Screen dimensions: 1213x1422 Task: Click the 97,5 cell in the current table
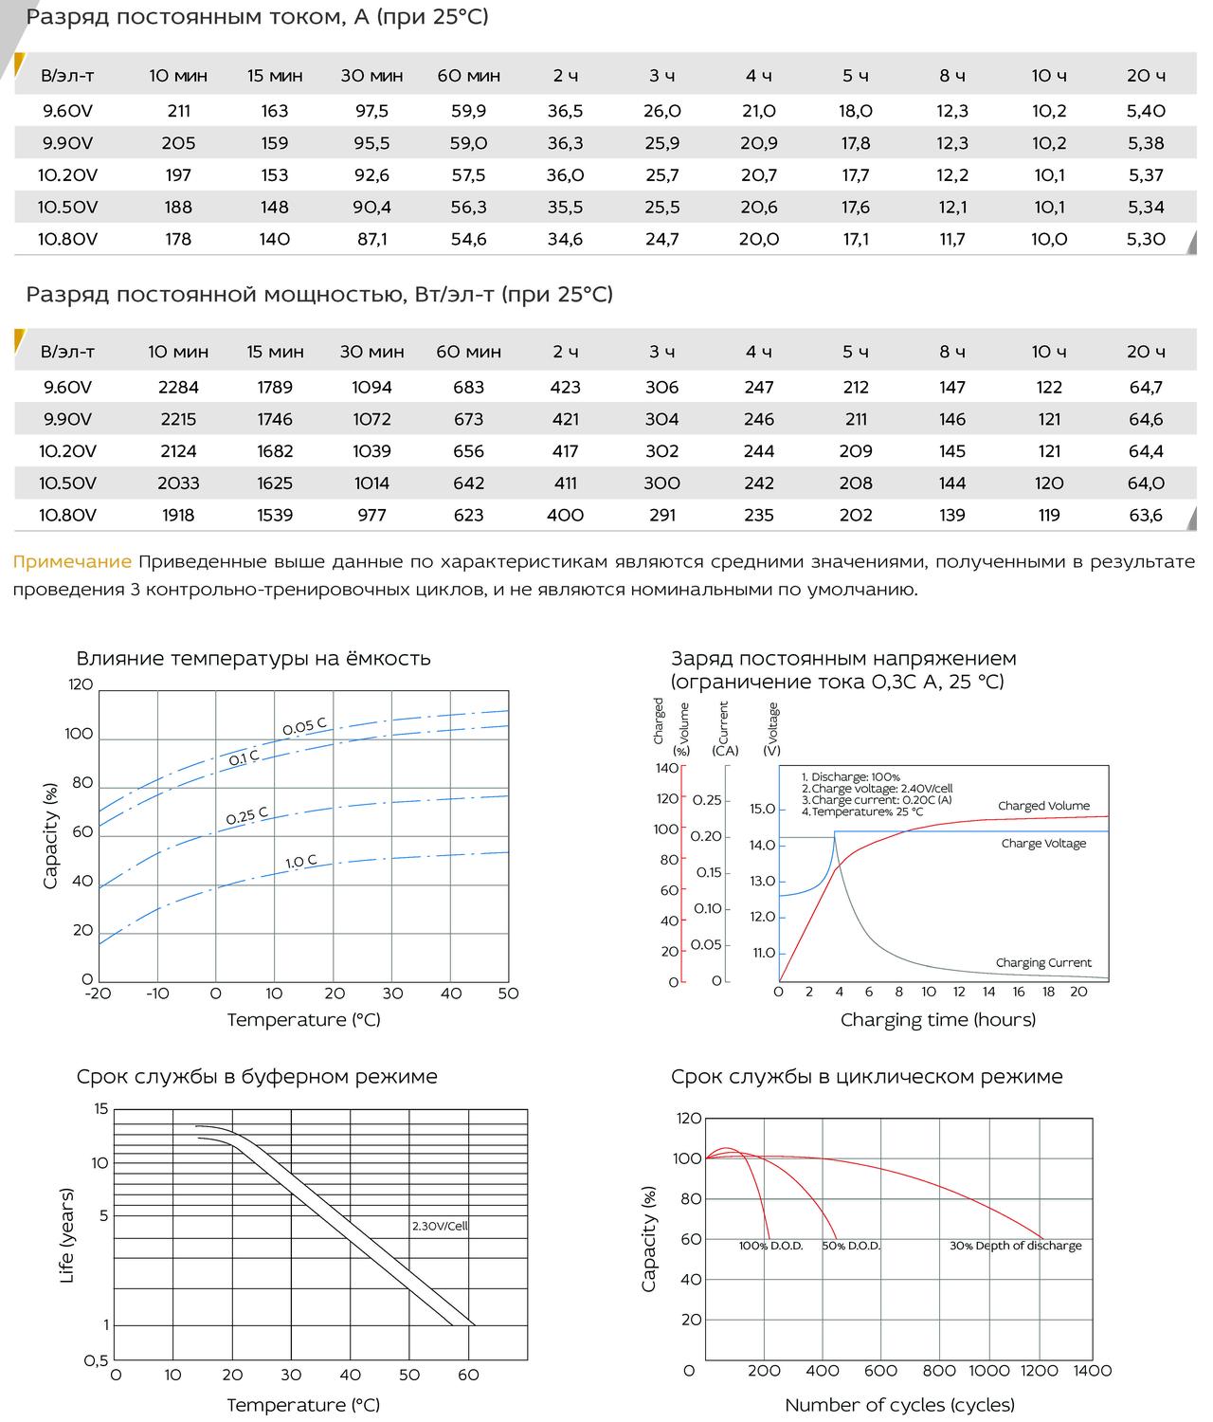click(371, 111)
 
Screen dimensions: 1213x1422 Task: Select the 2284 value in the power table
click(178, 388)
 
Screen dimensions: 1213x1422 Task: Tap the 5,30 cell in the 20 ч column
click(1146, 240)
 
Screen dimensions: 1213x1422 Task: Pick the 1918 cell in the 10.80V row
click(178, 516)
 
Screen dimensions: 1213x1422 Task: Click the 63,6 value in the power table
click(1146, 516)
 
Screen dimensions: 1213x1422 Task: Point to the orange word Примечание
click(72, 562)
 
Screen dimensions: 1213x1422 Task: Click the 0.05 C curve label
click(304, 726)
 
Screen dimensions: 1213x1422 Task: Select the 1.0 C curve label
click(301, 862)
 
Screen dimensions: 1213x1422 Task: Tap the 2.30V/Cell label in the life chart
click(440, 1225)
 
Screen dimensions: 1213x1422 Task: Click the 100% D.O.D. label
click(770, 1245)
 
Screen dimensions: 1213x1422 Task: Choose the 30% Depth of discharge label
click(1016, 1245)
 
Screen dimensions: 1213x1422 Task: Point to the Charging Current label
click(1043, 962)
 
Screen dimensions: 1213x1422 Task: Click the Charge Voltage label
click(1043, 844)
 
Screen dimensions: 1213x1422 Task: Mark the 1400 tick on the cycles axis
click(1092, 1371)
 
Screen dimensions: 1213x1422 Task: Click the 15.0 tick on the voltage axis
click(763, 809)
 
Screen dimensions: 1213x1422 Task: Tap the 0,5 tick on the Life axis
click(97, 1360)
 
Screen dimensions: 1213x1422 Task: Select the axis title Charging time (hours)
click(938, 1019)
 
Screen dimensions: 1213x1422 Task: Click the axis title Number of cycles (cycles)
click(899, 1404)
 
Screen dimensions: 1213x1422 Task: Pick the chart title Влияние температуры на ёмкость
click(253, 658)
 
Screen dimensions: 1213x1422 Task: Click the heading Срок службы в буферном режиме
click(257, 1077)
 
